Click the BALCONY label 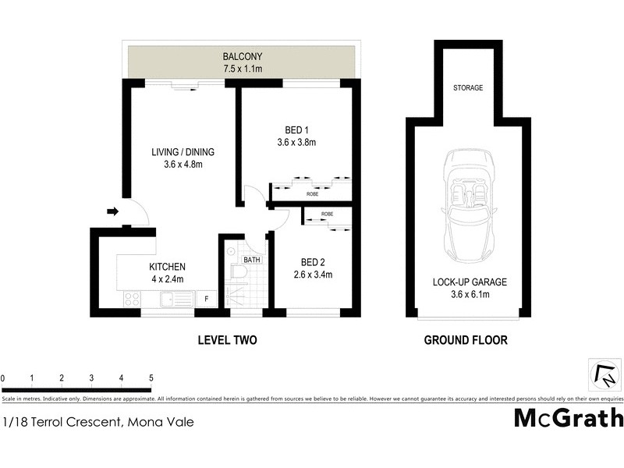(x=242, y=57)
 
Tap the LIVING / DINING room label (x=183, y=152)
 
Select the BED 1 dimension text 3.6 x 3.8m (x=296, y=143)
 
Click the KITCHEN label (x=167, y=267)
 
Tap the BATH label (x=251, y=259)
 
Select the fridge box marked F (x=207, y=298)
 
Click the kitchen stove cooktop (x=131, y=298)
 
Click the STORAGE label (x=468, y=88)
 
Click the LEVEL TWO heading (x=227, y=340)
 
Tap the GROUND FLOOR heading (x=466, y=340)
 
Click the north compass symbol (x=605, y=375)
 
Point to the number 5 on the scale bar (x=151, y=378)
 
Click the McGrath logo (x=569, y=418)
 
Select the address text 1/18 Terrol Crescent (x=62, y=423)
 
